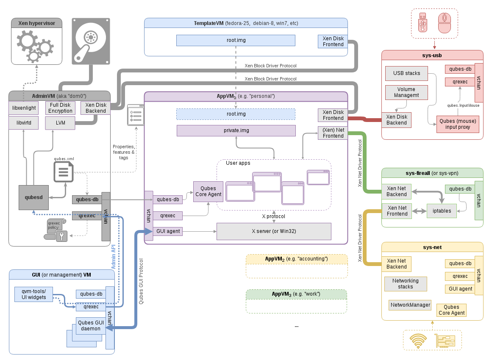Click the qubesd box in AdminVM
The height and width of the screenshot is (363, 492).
[33, 197]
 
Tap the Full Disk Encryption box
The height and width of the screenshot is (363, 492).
[60, 108]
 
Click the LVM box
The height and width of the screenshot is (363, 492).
[60, 123]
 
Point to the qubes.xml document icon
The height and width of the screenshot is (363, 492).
[64, 172]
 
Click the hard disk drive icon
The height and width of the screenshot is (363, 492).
[90, 41]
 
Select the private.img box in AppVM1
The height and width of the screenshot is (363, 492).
[236, 130]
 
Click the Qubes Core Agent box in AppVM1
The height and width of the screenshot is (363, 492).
[208, 191]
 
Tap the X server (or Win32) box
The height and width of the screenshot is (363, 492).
[273, 231]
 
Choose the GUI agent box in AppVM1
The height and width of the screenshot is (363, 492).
[168, 231]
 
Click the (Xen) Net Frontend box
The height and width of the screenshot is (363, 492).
[333, 133]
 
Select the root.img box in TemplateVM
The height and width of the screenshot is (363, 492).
[236, 40]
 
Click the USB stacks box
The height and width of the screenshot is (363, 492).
[406, 73]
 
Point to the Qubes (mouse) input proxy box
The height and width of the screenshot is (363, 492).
[458, 124]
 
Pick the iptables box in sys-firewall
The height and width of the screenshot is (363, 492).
[442, 211]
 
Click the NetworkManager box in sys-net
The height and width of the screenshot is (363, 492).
[410, 305]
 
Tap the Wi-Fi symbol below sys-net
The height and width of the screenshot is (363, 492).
[418, 341]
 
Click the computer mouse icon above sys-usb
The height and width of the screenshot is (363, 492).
[444, 23]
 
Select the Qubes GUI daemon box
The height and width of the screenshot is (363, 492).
[89, 325]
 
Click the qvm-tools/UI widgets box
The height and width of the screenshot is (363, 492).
[33, 294]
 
